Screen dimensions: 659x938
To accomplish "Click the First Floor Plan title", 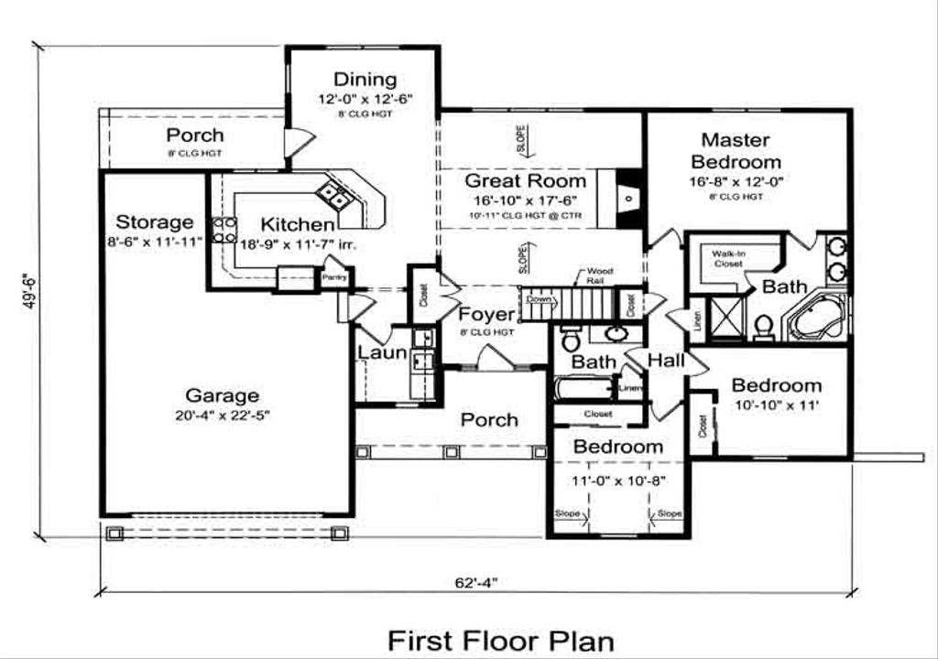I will [x=500, y=640].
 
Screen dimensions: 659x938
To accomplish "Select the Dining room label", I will [x=365, y=80].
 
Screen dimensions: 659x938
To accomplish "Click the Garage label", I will [x=222, y=396].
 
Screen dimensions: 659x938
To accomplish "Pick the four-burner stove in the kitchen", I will [x=224, y=231].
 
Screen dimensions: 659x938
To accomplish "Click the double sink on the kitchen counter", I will [x=333, y=195].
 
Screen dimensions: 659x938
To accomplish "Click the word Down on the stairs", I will [x=539, y=299].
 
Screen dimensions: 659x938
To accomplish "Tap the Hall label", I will [x=666, y=361].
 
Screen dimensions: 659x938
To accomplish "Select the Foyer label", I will [x=486, y=316].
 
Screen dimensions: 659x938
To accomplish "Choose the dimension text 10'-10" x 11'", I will [x=776, y=404].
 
